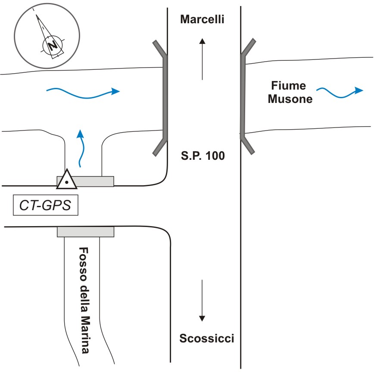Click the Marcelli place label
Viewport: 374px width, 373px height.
[x=202, y=20]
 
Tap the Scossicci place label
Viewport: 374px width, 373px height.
[x=206, y=338]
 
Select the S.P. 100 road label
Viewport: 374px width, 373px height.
[x=202, y=156]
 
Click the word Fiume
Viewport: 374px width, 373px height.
[x=289, y=86]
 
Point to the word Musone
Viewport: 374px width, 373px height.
[x=290, y=99]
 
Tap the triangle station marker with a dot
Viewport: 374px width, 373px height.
[x=67, y=180]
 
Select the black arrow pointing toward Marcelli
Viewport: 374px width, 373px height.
[x=202, y=58]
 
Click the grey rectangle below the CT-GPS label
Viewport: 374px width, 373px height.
[x=85, y=232]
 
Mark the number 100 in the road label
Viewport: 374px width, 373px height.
[x=215, y=156]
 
